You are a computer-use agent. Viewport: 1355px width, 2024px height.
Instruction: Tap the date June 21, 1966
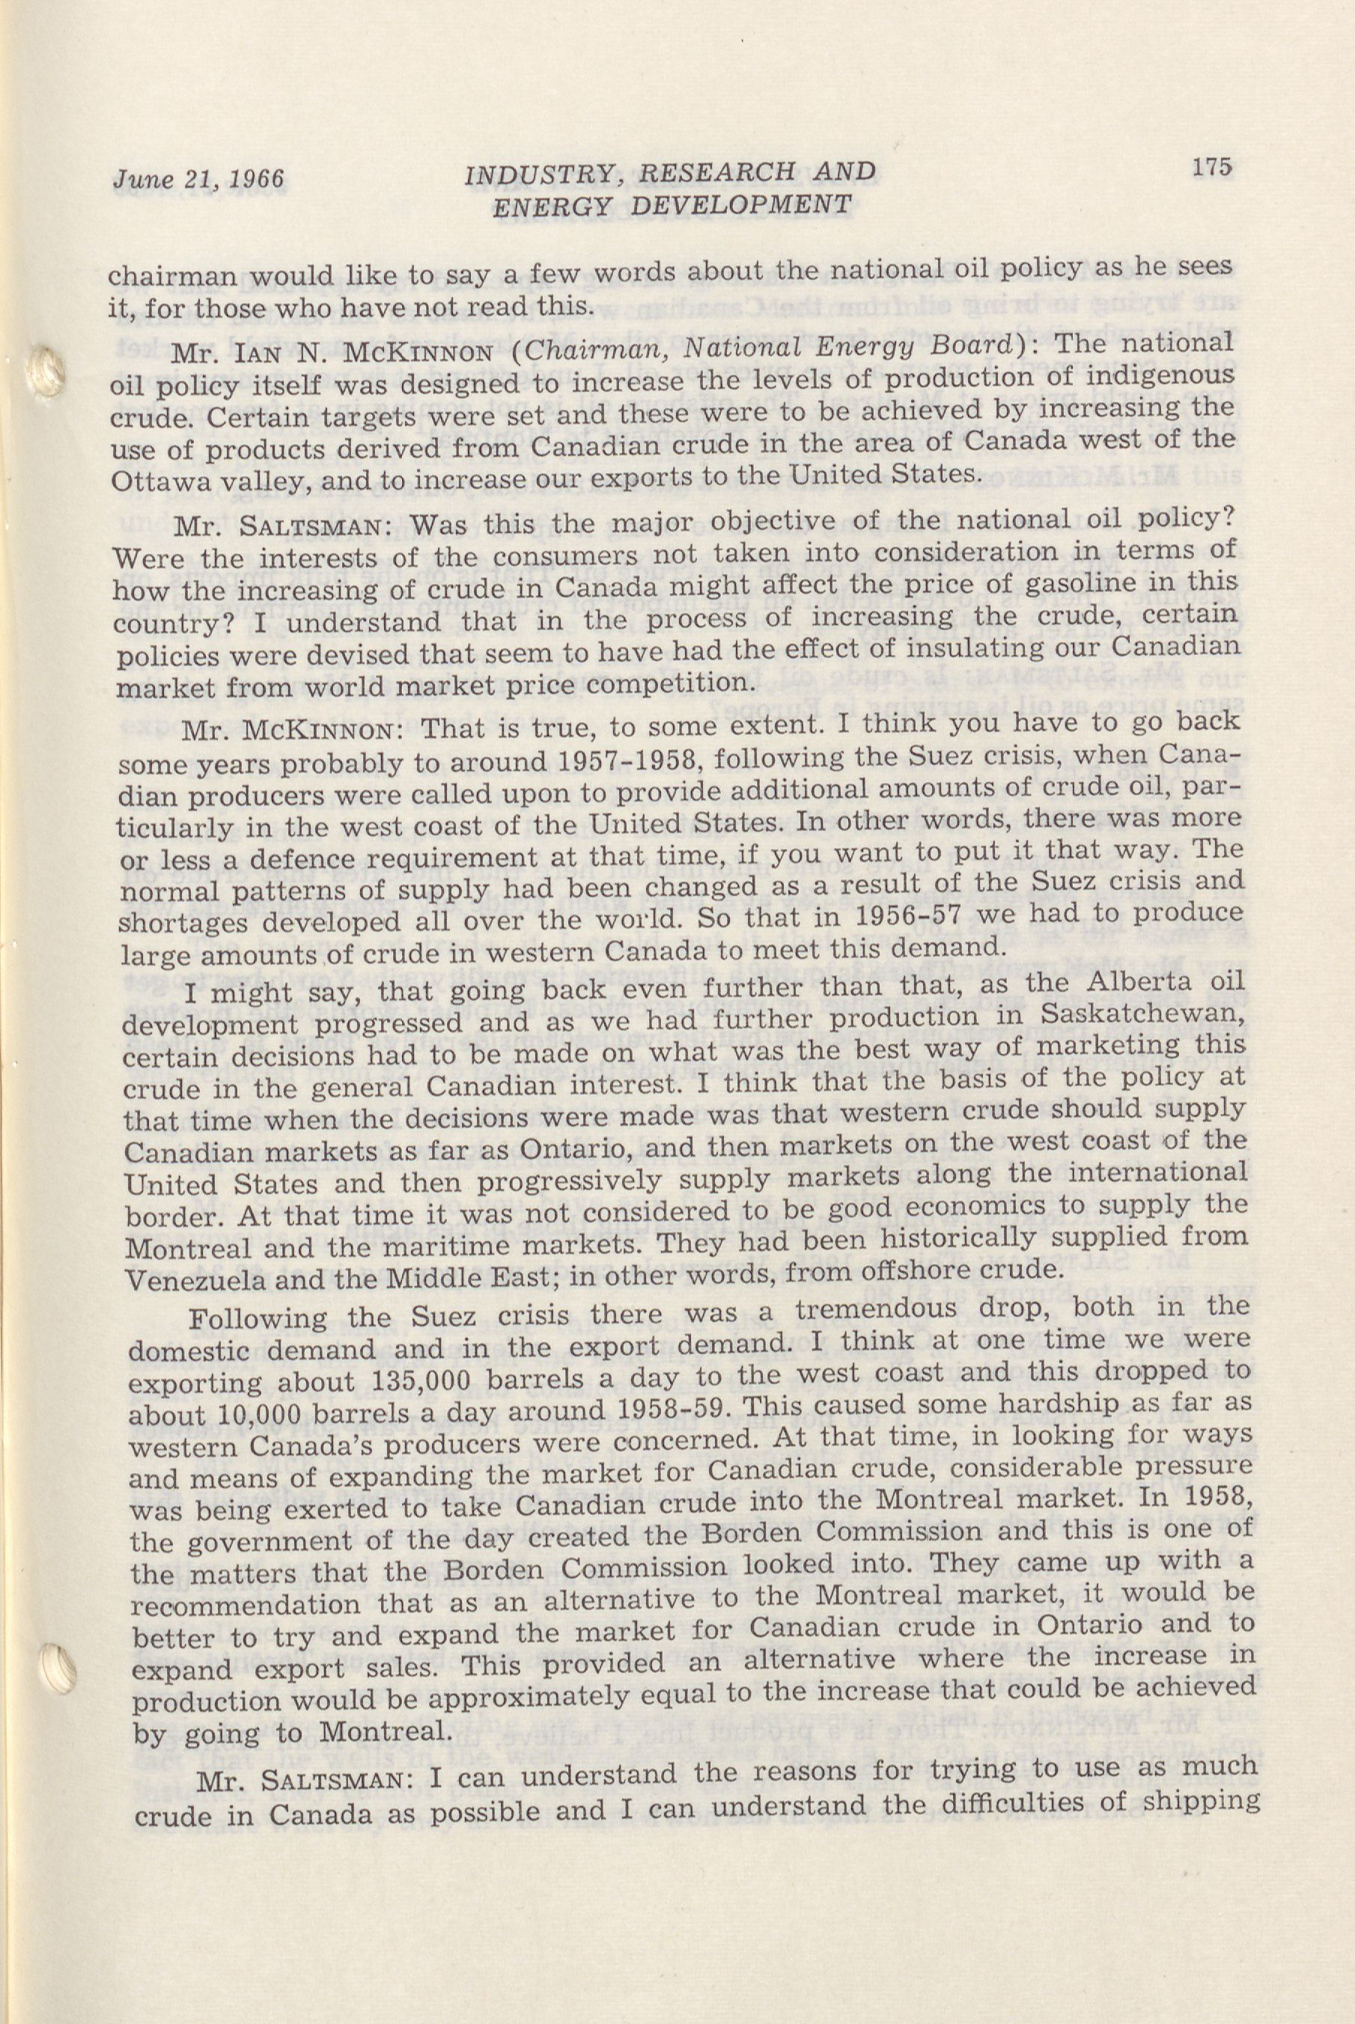click(x=198, y=179)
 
